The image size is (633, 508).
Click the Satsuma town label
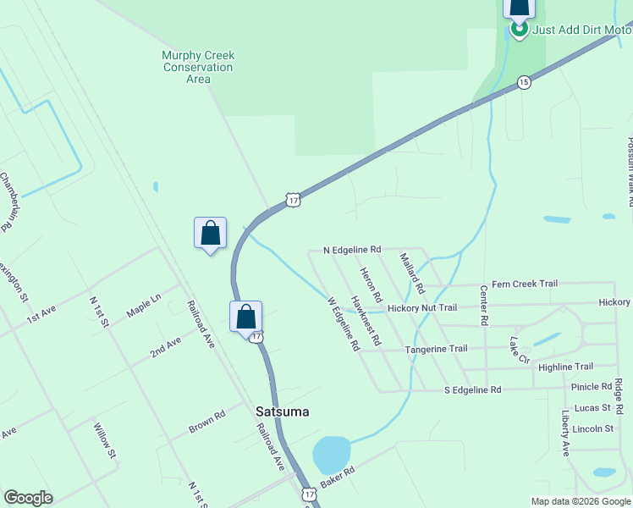click(283, 411)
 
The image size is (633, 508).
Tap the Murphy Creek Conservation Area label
click(198, 67)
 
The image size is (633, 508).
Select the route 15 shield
click(525, 82)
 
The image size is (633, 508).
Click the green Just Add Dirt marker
click(519, 30)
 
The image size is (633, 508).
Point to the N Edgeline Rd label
click(353, 251)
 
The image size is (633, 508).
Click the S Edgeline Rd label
click(473, 389)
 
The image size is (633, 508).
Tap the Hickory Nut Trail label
click(422, 308)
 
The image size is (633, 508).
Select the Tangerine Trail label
click(436, 349)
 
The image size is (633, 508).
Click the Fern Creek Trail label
click(525, 284)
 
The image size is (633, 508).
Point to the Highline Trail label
click(565, 367)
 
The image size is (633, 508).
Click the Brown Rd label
click(206, 422)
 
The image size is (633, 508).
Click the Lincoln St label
click(592, 429)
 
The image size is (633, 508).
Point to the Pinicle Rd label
click(592, 387)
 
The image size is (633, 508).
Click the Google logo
click(28, 498)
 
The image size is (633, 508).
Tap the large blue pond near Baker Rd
click(331, 456)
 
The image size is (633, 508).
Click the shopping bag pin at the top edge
click(519, 8)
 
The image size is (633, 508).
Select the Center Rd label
click(484, 306)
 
